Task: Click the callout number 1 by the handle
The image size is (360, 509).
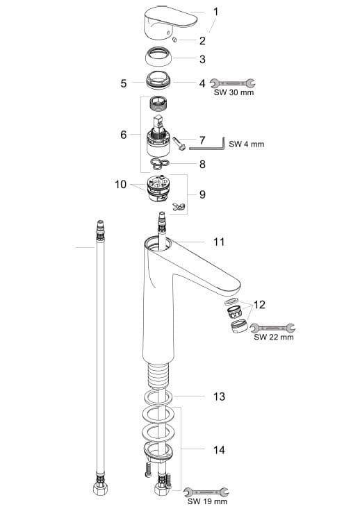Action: pos(215,12)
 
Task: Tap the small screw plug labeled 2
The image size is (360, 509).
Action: pos(174,40)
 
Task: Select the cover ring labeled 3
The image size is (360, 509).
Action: pos(159,58)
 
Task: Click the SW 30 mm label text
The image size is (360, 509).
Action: pos(234,92)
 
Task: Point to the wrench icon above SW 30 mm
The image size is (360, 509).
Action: pos(232,83)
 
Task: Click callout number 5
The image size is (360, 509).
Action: pos(124,83)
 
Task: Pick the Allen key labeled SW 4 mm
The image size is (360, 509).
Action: pos(207,145)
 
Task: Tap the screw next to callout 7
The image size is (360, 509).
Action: pos(179,144)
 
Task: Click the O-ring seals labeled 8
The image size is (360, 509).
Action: pos(160,164)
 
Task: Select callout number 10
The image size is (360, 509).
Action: pos(120,185)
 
